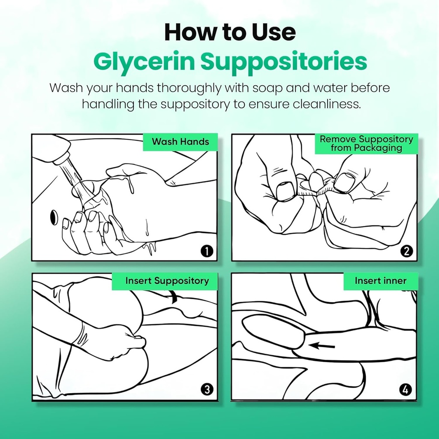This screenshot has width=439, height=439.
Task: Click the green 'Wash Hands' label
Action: point(180,142)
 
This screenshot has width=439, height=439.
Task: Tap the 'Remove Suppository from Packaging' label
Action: point(366,144)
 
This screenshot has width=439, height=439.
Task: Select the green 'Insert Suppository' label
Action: point(167,281)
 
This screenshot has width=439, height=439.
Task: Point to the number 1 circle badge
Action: point(207,251)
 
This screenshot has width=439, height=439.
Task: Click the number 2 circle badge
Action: point(406,251)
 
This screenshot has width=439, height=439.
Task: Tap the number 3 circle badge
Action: point(207,389)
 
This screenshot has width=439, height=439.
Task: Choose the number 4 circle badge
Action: point(406,389)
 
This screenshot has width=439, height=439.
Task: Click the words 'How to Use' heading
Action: point(230,33)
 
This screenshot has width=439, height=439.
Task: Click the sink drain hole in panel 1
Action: point(54,217)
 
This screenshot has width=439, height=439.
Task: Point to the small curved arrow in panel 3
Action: point(174,297)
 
